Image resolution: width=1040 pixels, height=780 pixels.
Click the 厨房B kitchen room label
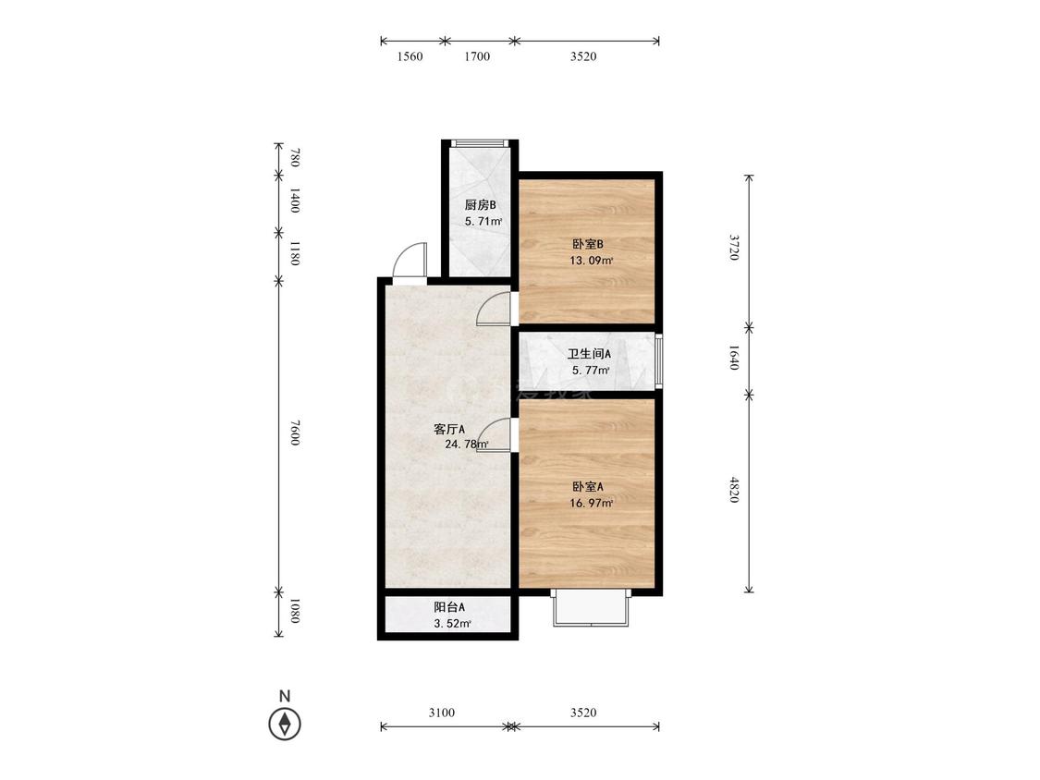click(x=480, y=205)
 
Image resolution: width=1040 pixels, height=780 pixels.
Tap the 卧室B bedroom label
click(x=588, y=244)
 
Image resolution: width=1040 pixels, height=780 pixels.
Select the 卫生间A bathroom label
click(x=589, y=354)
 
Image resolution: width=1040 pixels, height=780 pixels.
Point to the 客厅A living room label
click(x=449, y=429)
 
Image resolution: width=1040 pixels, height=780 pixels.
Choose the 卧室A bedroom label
click(x=588, y=486)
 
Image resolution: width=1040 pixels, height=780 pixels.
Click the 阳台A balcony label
click(x=449, y=607)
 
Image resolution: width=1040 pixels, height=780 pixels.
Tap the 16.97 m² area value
click(x=591, y=504)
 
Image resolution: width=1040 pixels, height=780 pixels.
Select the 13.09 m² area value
click(x=591, y=261)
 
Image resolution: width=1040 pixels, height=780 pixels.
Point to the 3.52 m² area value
click(x=452, y=624)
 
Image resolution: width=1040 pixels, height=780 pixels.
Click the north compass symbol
click(x=285, y=723)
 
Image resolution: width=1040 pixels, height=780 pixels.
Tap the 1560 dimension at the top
click(x=410, y=56)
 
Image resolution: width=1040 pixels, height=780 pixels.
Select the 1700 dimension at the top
click(x=477, y=56)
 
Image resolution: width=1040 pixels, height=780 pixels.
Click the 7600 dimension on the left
click(x=296, y=433)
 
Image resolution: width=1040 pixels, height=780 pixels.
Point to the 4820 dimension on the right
click(x=734, y=490)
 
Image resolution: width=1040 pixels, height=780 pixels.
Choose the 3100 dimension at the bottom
click(x=442, y=713)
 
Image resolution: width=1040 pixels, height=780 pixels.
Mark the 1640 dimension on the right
click(x=734, y=357)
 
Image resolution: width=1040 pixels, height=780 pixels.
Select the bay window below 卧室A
click(x=591, y=608)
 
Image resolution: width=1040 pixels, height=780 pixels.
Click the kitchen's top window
click(x=480, y=143)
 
